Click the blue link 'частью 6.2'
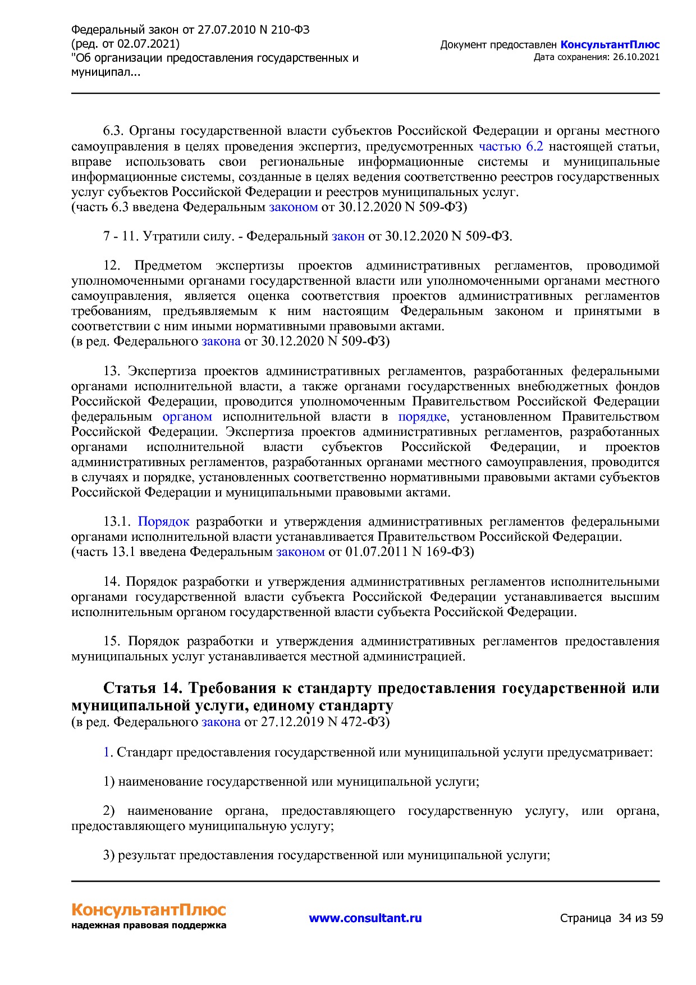[511, 147]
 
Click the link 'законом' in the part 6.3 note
[294, 207]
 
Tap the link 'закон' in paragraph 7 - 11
[348, 236]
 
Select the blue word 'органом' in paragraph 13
[187, 417]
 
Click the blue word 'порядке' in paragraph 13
[422, 417]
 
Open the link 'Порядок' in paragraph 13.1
[163, 522]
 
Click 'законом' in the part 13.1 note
[300, 552]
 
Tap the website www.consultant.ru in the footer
[365, 918]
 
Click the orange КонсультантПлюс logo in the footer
[149, 909]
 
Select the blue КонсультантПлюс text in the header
[610, 45]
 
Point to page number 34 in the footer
[625, 918]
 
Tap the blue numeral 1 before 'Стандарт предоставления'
[106, 753]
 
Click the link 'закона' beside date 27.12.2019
[221, 722]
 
